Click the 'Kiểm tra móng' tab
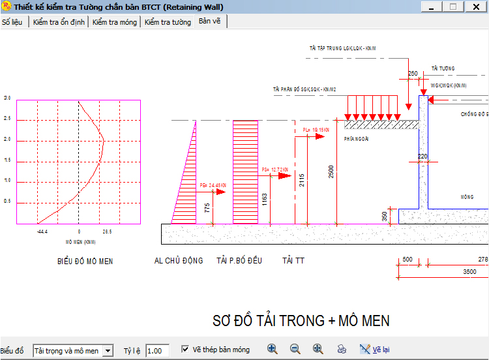point(115,22)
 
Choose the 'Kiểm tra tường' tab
point(168,22)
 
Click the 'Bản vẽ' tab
point(210,22)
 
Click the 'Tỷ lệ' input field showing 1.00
point(157,351)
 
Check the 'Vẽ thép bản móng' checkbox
point(185,350)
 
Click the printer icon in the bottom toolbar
point(342,349)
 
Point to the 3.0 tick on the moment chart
point(8,98)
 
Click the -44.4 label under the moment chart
point(42,232)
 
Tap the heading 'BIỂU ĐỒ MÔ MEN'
point(85,262)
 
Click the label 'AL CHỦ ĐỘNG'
point(179,261)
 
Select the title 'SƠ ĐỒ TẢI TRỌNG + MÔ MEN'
point(301,321)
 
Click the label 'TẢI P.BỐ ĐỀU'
point(239,261)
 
